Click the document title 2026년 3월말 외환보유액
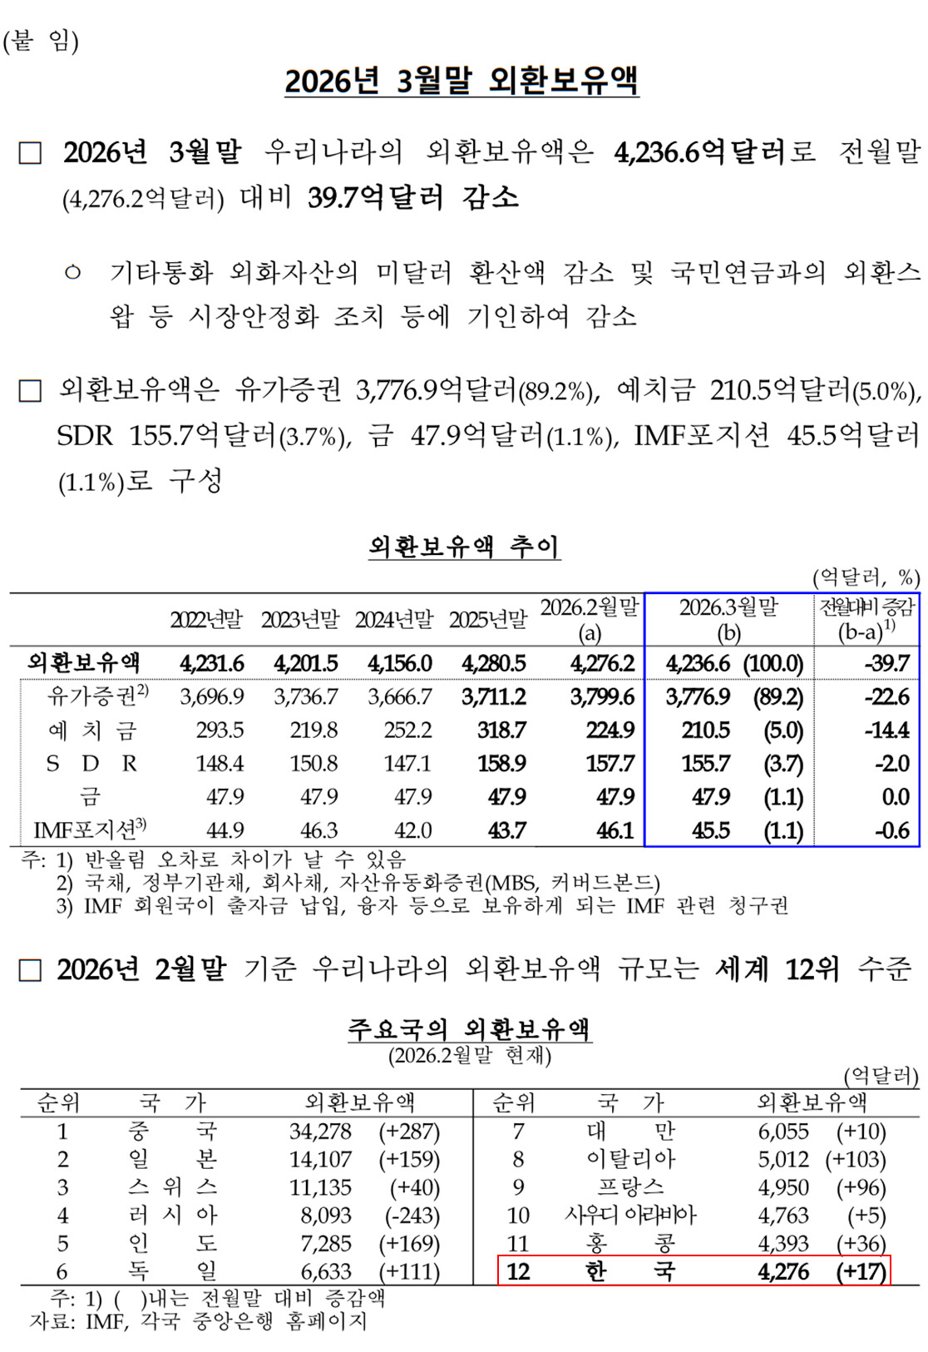[462, 82]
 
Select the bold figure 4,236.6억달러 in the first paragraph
[700, 152]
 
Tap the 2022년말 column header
[206, 620]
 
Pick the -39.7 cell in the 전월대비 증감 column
[887, 663]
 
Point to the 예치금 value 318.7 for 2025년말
[501, 730]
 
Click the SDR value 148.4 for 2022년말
[220, 763]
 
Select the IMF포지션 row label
[90, 830]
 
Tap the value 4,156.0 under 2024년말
[400, 663]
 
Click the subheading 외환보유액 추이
[464, 547]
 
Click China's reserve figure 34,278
[320, 1132]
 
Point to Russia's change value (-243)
[412, 1216]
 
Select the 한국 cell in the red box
[629, 1271]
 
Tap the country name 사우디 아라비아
[629, 1216]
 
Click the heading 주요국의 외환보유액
[469, 1029]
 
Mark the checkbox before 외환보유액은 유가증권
[30, 391]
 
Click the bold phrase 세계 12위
[777, 969]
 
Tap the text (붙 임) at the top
[41, 40]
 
